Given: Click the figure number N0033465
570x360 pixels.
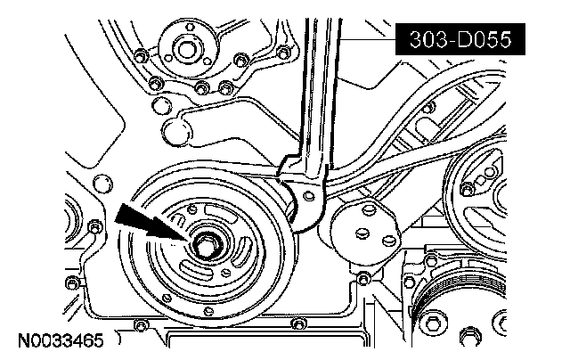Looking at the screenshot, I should [57, 340].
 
